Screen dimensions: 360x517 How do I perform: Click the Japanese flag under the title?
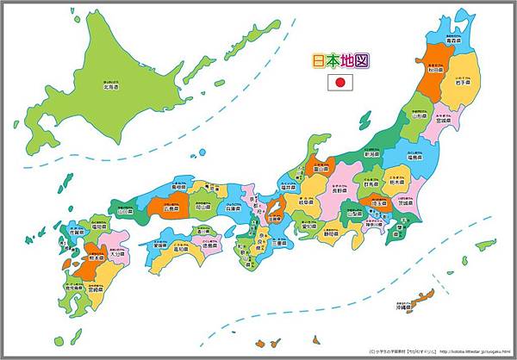click(x=341, y=83)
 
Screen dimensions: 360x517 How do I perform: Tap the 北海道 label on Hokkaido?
click(x=109, y=85)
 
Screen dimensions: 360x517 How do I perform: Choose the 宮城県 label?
click(x=447, y=121)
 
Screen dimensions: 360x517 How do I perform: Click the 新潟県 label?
click(x=372, y=153)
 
